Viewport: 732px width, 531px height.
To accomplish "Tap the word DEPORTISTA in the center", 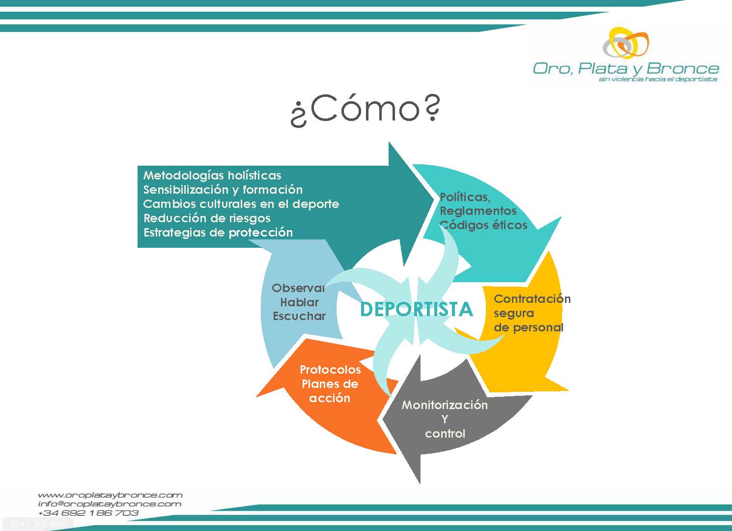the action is (x=416, y=309).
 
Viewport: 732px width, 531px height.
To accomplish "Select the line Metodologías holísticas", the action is (x=212, y=176).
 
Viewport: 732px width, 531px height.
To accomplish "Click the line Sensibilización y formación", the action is (x=223, y=190).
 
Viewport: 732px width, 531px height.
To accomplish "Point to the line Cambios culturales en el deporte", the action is (x=241, y=204).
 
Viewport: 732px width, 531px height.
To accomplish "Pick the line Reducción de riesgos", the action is (x=207, y=218).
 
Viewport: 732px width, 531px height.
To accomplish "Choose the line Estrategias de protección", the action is (x=218, y=233).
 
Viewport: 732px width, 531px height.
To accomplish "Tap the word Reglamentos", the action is (x=478, y=211).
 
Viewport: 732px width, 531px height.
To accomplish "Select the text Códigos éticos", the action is (x=483, y=225).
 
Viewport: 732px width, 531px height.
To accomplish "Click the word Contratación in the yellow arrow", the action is (x=532, y=298).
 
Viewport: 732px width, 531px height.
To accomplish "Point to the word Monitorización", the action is (x=445, y=405).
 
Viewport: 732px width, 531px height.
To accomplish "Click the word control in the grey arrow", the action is (x=445, y=434).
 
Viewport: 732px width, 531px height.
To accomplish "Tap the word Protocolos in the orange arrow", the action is (x=330, y=370).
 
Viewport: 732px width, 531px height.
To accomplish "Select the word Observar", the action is (x=298, y=288).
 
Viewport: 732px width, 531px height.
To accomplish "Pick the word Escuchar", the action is (x=299, y=316).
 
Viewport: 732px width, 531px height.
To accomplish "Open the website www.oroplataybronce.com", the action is (x=110, y=495).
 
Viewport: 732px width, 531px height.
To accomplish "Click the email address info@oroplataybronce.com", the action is (x=110, y=504).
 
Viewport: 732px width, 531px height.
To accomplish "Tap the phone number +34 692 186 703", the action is (x=88, y=513).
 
